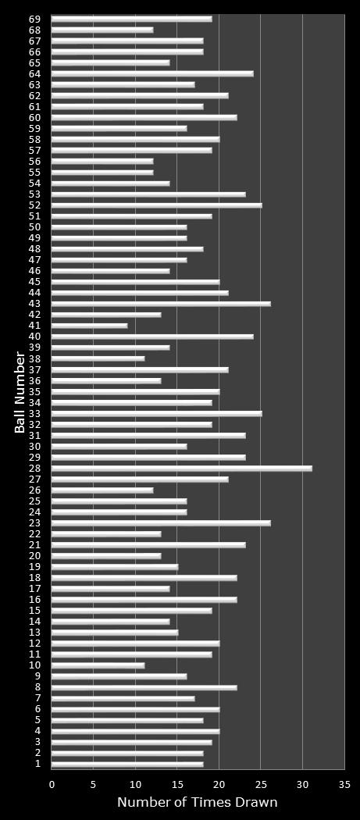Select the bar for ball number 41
[89, 326]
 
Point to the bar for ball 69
[131, 19]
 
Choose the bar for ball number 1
[127, 764]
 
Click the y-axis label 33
[35, 414]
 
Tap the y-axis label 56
[35, 162]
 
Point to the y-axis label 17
[35, 589]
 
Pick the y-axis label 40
[35, 337]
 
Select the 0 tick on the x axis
[52, 784]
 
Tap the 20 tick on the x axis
[219, 784]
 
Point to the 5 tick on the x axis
[94, 784]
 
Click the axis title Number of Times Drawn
[197, 803]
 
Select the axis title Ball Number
[20, 391]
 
